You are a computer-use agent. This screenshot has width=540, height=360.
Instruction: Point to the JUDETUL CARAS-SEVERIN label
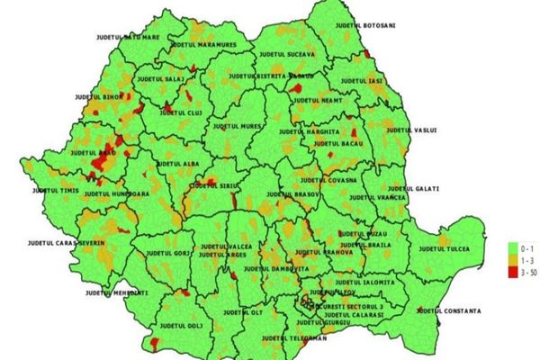pos(67,243)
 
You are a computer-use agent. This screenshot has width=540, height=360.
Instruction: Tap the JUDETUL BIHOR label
pos(98,96)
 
